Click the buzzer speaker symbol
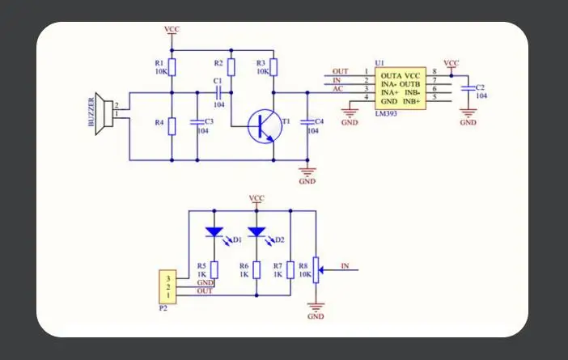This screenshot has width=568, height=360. coord(104,114)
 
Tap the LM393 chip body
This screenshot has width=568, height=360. coord(401,88)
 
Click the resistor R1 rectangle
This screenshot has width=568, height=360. coord(172,67)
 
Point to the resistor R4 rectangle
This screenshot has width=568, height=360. coord(172,126)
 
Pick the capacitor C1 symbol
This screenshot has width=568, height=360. coord(218,93)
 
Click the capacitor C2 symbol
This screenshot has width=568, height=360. coord(468,88)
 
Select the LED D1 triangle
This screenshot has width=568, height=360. coord(214,232)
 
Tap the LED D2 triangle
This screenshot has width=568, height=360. coord(256,232)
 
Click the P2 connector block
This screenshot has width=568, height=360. coord(167,287)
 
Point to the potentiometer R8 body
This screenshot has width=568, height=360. coord(316,270)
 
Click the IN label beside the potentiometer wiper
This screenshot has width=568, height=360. coord(345,266)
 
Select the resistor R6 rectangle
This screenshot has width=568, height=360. coord(256,270)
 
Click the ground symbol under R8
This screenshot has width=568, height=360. coord(316,307)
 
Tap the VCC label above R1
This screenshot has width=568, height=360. coord(172,29)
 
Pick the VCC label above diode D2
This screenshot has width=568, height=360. coord(256,198)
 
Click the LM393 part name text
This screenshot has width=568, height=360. coord(386,114)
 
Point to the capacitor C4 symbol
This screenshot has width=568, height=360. coord(307,122)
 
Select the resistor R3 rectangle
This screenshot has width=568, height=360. coord(273,67)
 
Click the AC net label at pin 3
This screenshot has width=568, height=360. coord(337,89)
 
